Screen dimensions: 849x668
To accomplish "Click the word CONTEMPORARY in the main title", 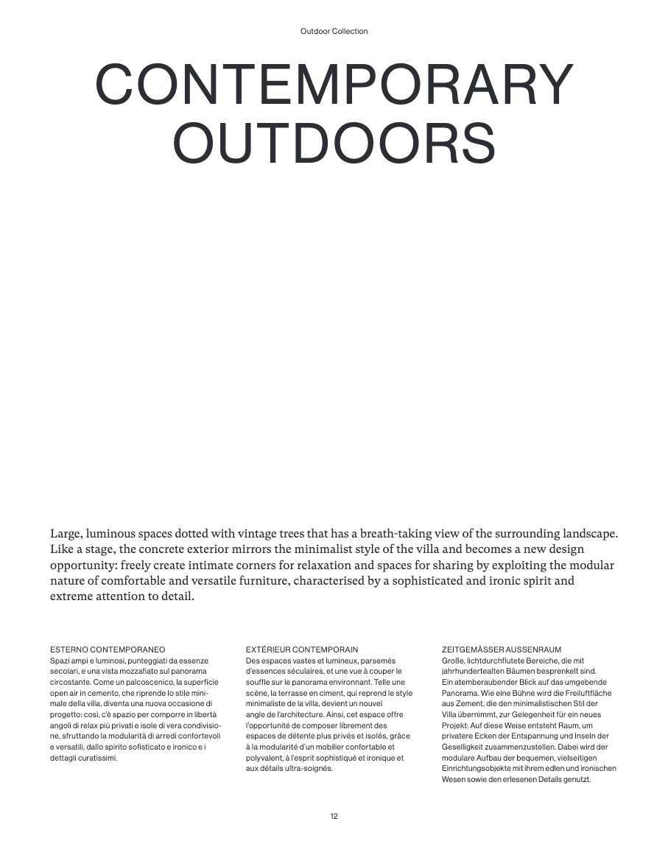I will pos(334,86).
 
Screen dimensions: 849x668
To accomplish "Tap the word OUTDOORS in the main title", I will pos(334,143).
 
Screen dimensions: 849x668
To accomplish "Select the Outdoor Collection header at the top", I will pos(334,32).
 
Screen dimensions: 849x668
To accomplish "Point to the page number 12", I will pos(334,816).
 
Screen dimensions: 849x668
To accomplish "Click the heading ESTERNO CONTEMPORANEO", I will pos(108,649).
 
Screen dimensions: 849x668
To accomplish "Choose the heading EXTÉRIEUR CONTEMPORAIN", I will pos(302,649).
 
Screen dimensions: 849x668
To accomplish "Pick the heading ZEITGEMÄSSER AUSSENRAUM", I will pos(502,649).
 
